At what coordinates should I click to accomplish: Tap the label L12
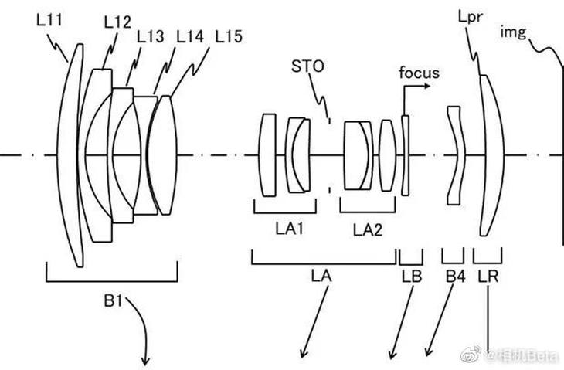[117, 23]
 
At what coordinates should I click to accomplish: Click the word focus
[419, 74]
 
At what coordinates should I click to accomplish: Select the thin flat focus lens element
[405, 154]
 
